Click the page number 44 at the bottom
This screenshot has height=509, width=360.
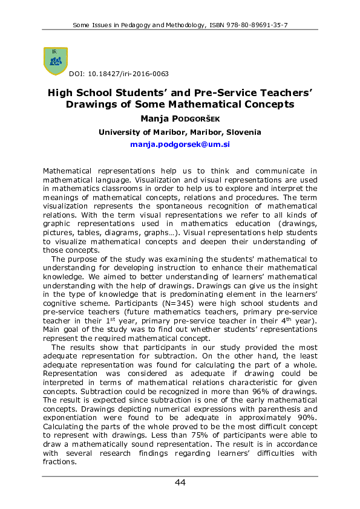[x=180, y=482]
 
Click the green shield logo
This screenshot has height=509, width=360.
[x=56, y=60]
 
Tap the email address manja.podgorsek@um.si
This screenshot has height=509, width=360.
[x=180, y=145]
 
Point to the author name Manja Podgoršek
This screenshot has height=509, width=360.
[x=180, y=118]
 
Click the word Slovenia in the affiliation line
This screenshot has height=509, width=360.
[x=241, y=132]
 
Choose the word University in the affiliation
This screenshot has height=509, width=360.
[x=119, y=132]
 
